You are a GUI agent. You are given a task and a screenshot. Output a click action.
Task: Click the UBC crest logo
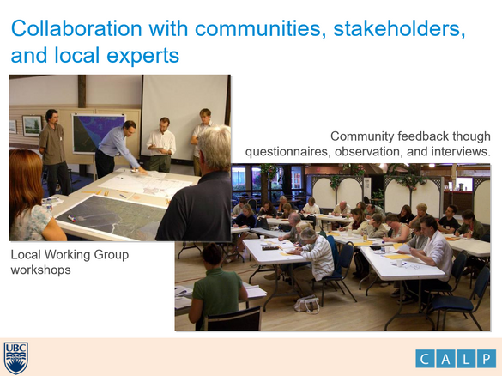[15, 357]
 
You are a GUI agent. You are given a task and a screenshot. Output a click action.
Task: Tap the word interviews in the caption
[460, 151]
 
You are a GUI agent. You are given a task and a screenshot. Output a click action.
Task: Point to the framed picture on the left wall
[32, 125]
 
